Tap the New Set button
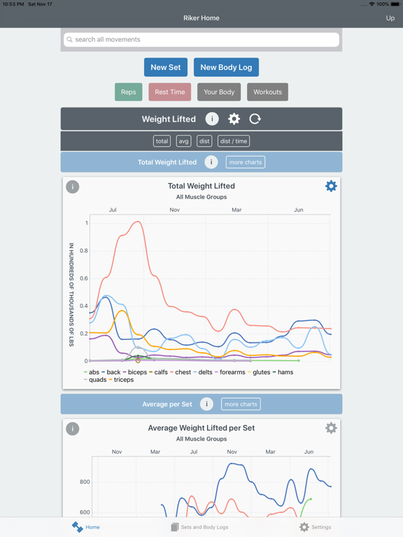(166, 67)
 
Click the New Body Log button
(226, 67)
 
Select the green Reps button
(129, 92)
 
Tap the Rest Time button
(170, 92)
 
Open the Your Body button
(219, 92)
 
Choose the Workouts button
(267, 92)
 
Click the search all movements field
(201, 40)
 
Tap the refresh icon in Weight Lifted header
(255, 119)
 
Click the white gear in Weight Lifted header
(234, 119)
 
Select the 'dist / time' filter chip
(234, 141)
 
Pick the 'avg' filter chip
(183, 141)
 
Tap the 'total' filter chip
(162, 141)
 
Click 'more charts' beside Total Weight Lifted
(245, 162)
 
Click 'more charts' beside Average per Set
(241, 404)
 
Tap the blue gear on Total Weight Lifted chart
(331, 186)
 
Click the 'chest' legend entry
(181, 372)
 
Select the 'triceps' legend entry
(123, 380)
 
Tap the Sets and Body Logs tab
(200, 527)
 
